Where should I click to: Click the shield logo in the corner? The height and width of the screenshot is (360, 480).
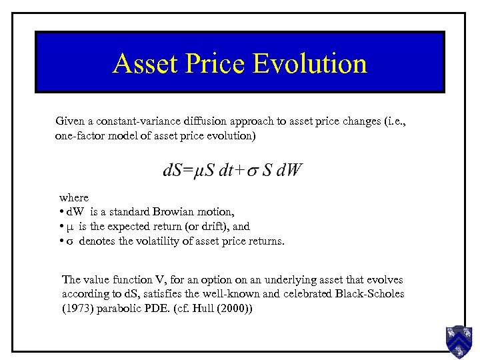(459, 341)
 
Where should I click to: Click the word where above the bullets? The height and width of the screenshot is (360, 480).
(73, 197)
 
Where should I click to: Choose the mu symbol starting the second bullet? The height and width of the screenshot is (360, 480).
(71, 227)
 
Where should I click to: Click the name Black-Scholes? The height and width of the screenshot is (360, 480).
(370, 294)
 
